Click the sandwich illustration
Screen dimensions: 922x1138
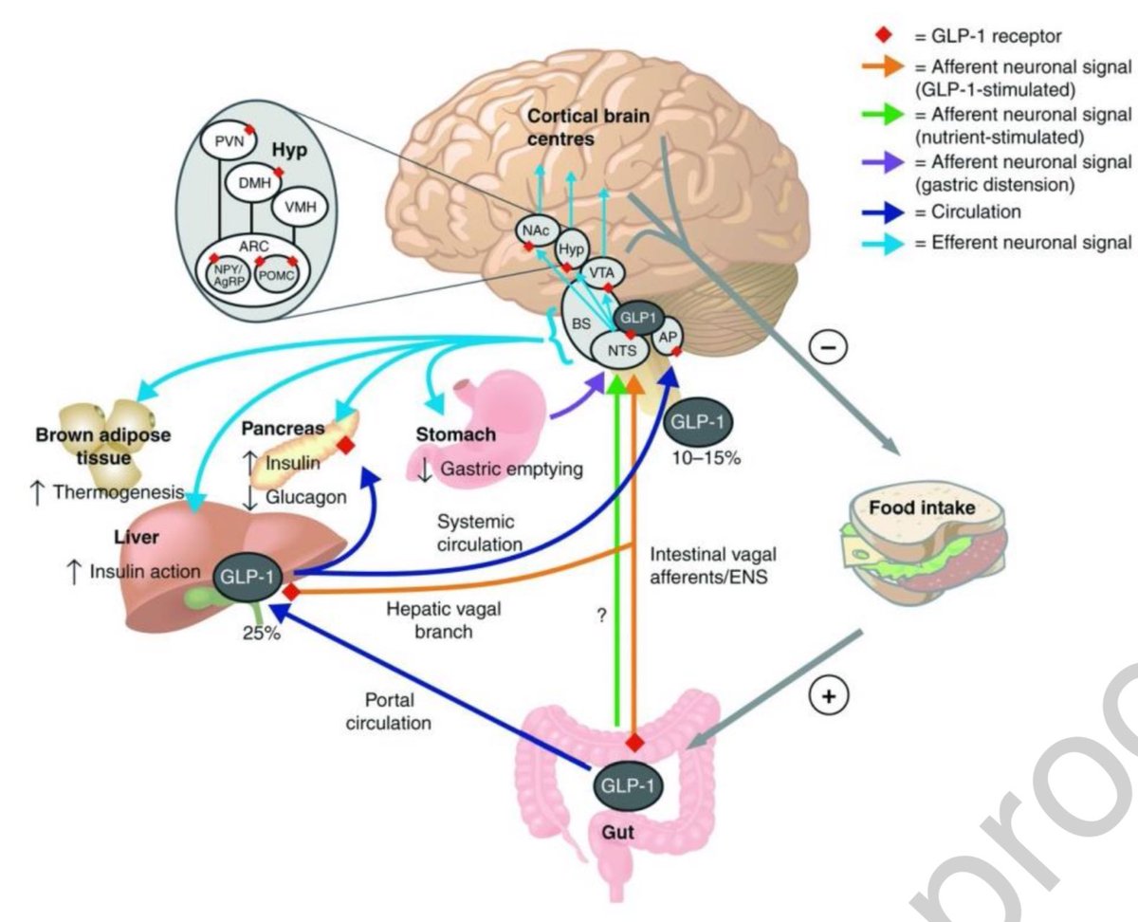click(x=915, y=550)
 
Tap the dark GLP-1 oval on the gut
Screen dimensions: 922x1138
click(x=627, y=786)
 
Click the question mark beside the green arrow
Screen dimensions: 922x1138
click(x=599, y=615)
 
